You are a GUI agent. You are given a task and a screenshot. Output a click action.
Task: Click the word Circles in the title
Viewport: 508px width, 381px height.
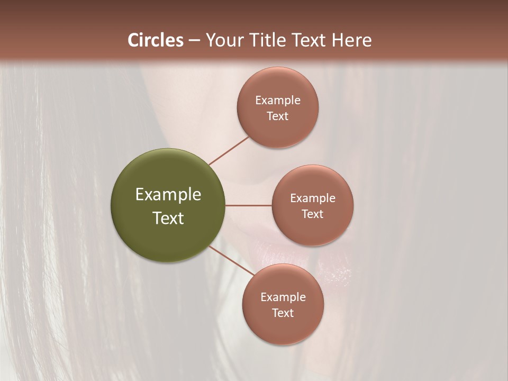pos(156,40)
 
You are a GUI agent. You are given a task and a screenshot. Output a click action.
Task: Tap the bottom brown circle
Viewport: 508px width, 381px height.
pos(283,328)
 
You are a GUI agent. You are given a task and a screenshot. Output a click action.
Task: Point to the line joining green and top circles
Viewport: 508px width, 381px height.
pos(229,150)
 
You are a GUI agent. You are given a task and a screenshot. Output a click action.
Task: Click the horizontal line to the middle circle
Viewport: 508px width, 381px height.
pos(248,205)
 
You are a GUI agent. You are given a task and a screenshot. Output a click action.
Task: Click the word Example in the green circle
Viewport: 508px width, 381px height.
pos(168,194)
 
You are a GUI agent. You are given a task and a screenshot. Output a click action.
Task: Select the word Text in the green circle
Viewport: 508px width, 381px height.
pos(168,218)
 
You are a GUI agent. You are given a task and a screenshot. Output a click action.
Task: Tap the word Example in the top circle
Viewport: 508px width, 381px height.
pos(277,100)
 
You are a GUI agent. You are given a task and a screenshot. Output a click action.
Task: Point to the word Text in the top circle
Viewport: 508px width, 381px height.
pos(277,116)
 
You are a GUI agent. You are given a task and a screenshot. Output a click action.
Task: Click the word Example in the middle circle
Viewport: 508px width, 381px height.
pos(312,198)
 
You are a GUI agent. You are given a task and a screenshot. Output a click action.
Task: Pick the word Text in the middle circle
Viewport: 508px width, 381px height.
pos(312,214)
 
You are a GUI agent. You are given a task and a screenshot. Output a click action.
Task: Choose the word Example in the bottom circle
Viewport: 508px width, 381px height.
pos(283,297)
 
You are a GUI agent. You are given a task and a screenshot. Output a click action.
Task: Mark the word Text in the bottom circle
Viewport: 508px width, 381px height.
pos(283,313)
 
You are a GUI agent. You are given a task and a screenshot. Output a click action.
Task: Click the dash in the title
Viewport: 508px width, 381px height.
pos(194,41)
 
